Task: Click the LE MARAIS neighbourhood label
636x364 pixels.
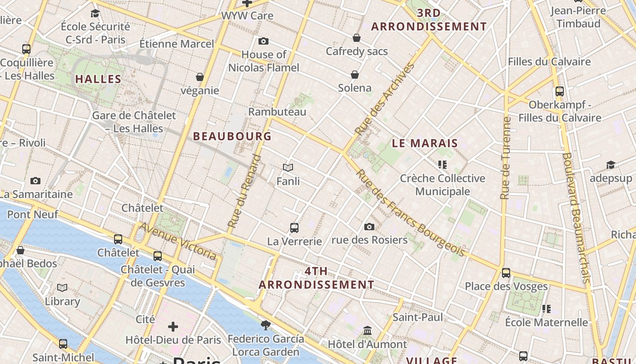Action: point(425,143)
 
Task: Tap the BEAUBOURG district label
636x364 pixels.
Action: point(232,136)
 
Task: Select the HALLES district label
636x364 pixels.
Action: point(98,79)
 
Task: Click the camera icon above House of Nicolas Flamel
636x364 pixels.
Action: point(263,41)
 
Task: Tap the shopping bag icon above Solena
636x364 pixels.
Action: point(355,75)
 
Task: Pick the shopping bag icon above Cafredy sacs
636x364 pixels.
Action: point(357,38)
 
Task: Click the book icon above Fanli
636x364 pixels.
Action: point(288,167)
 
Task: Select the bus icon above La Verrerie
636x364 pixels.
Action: point(294,227)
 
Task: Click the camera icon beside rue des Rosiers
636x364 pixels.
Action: point(369,227)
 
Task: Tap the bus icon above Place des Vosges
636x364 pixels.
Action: point(506,273)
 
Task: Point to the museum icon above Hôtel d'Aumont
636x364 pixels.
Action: point(368,330)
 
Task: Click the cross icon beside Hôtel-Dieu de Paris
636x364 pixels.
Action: point(173,327)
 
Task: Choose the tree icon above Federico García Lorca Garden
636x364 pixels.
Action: point(266,325)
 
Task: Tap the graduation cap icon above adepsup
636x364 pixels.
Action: point(611,165)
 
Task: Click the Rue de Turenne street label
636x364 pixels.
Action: point(505,158)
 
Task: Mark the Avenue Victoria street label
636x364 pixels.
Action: point(178,241)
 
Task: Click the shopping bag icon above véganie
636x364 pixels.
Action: point(200,77)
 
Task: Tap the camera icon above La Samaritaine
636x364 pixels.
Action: point(35,181)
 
